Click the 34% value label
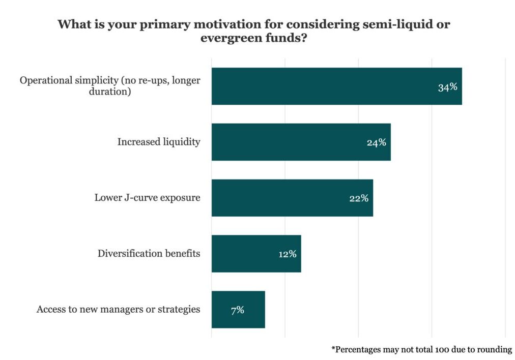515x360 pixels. click(448, 87)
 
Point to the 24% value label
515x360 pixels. click(377, 142)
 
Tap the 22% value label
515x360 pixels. click(359, 198)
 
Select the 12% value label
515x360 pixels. click(288, 254)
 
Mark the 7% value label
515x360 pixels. click(237, 310)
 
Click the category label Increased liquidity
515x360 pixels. click(159, 142)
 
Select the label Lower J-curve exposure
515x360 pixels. click(147, 197)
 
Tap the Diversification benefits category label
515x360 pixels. click(149, 253)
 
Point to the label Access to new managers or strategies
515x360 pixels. click(118, 309)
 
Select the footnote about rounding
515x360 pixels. click(421, 349)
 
